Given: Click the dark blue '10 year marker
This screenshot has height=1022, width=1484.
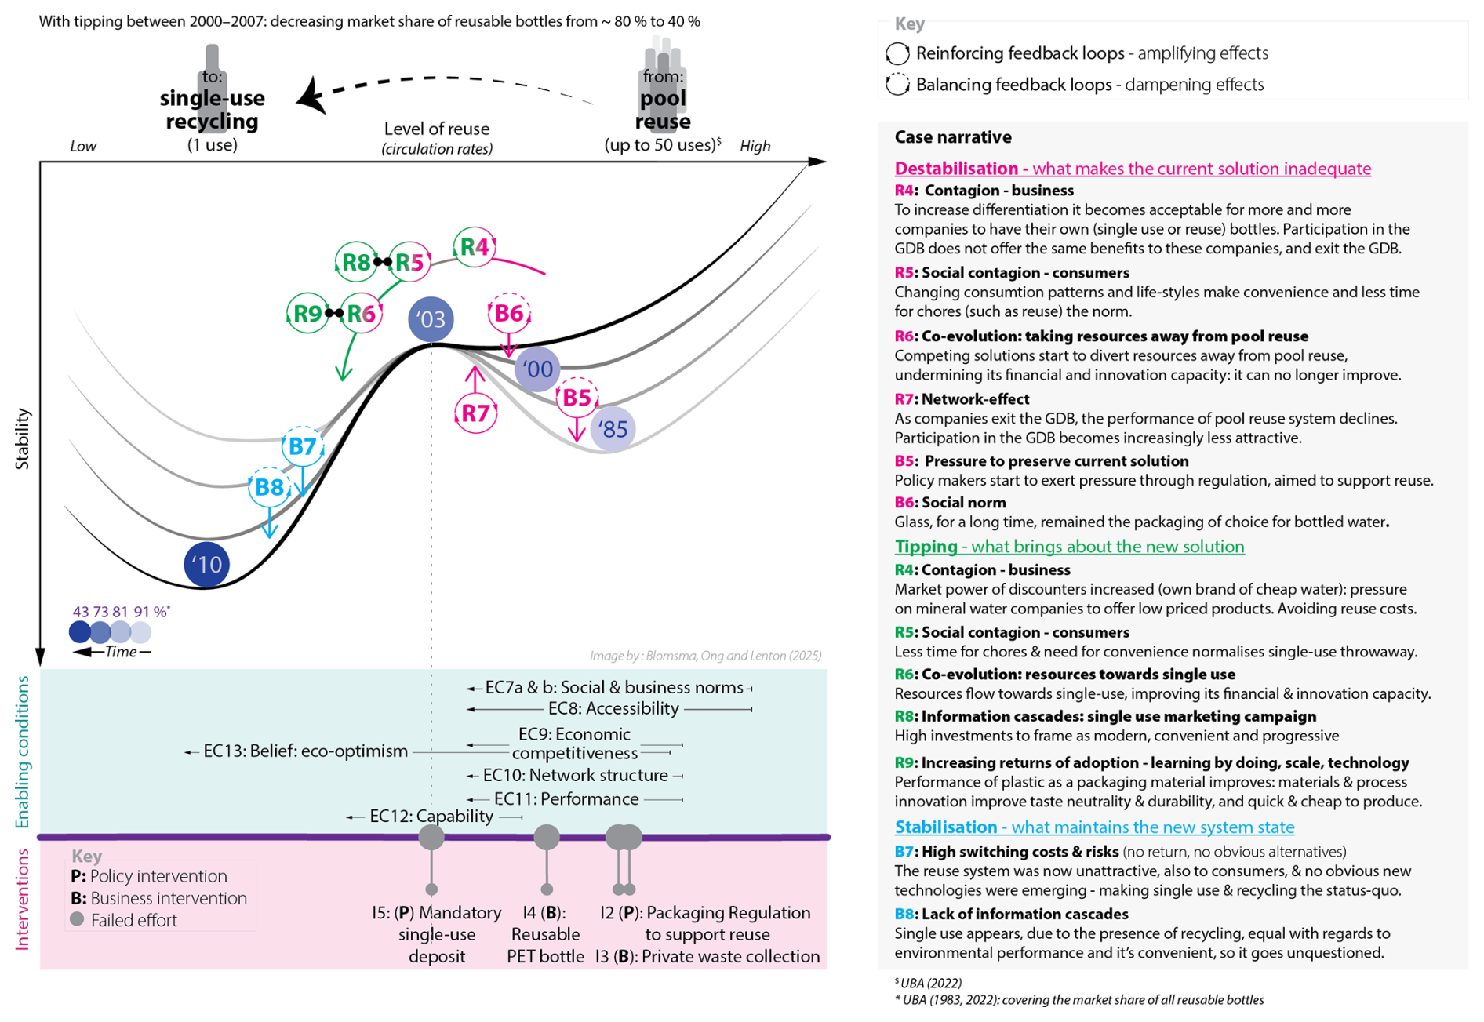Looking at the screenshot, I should [206, 564].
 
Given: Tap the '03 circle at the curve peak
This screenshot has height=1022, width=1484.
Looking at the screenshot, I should [431, 319].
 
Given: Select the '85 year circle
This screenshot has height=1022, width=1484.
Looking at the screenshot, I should [613, 429].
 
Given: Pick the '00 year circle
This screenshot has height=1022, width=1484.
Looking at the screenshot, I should [537, 369].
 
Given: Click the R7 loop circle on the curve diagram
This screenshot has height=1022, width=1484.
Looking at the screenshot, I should [475, 413].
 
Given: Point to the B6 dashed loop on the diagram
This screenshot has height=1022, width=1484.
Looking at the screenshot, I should [509, 314].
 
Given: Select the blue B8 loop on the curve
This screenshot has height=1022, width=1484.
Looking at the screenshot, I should [269, 487].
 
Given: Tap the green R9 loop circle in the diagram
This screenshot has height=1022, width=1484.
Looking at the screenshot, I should [307, 314].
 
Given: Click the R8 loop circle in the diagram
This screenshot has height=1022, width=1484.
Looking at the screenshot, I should [356, 262].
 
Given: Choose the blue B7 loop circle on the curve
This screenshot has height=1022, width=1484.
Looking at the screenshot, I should [302, 446].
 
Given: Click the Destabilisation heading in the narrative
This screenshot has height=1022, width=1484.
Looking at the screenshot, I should [1132, 168].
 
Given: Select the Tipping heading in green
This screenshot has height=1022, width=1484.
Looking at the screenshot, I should [1069, 546].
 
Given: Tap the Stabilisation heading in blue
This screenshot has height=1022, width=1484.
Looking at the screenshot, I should [1094, 827].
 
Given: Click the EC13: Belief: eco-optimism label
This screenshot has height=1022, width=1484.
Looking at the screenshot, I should [305, 751].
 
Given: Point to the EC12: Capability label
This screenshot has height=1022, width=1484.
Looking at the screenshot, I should [431, 817].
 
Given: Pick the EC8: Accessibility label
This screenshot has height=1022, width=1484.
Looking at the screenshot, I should [613, 709].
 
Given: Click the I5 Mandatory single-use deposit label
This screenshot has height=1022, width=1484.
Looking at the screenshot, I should [436, 934].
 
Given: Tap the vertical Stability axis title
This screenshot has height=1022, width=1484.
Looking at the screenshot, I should [22, 438].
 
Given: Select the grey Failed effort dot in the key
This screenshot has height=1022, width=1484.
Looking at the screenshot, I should [77, 919].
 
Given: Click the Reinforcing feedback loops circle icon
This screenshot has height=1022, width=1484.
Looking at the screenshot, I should [897, 53].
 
